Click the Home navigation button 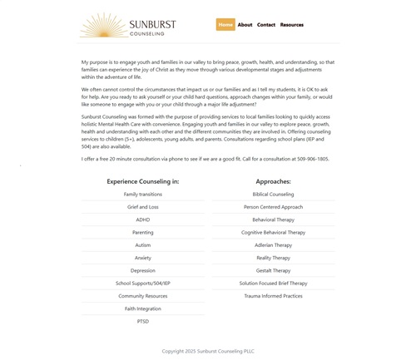pos(225,25)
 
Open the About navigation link pos(245,25)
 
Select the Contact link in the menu pos(266,25)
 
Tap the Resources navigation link pos(292,25)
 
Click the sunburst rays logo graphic pos(104,26)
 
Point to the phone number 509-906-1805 pos(312,159)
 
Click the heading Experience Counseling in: pos(142,181)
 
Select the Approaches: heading pos(273,181)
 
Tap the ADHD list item pos(142,219)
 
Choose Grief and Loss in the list pos(142,207)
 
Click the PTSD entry pos(142,321)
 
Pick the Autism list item pos(142,245)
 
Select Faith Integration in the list pos(142,308)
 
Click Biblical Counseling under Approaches pos(273,195)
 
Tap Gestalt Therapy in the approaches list pos(273,270)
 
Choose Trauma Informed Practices pos(273,296)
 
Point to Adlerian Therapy pos(273,245)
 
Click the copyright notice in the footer pos(208,351)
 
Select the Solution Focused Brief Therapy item pos(273,283)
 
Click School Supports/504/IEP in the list pos(142,283)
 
